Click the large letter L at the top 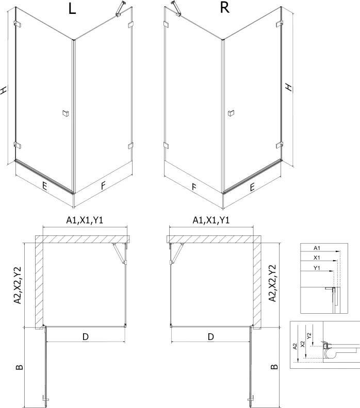(x=72, y=9)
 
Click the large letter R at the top (x=224, y=8)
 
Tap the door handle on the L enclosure (x=66, y=113)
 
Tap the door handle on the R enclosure (x=231, y=113)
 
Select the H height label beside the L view (x=4, y=90)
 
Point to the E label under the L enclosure (x=44, y=186)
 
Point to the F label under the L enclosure (x=104, y=185)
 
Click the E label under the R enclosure (x=252, y=187)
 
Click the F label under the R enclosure (x=194, y=186)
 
